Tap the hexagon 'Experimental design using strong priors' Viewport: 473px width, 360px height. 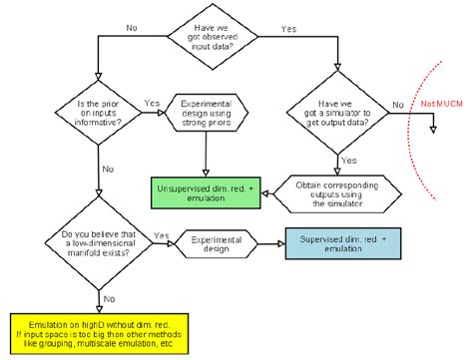tap(204, 113)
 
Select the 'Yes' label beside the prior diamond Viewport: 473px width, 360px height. tap(151, 102)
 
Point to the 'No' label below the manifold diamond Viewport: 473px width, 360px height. tap(111, 296)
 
